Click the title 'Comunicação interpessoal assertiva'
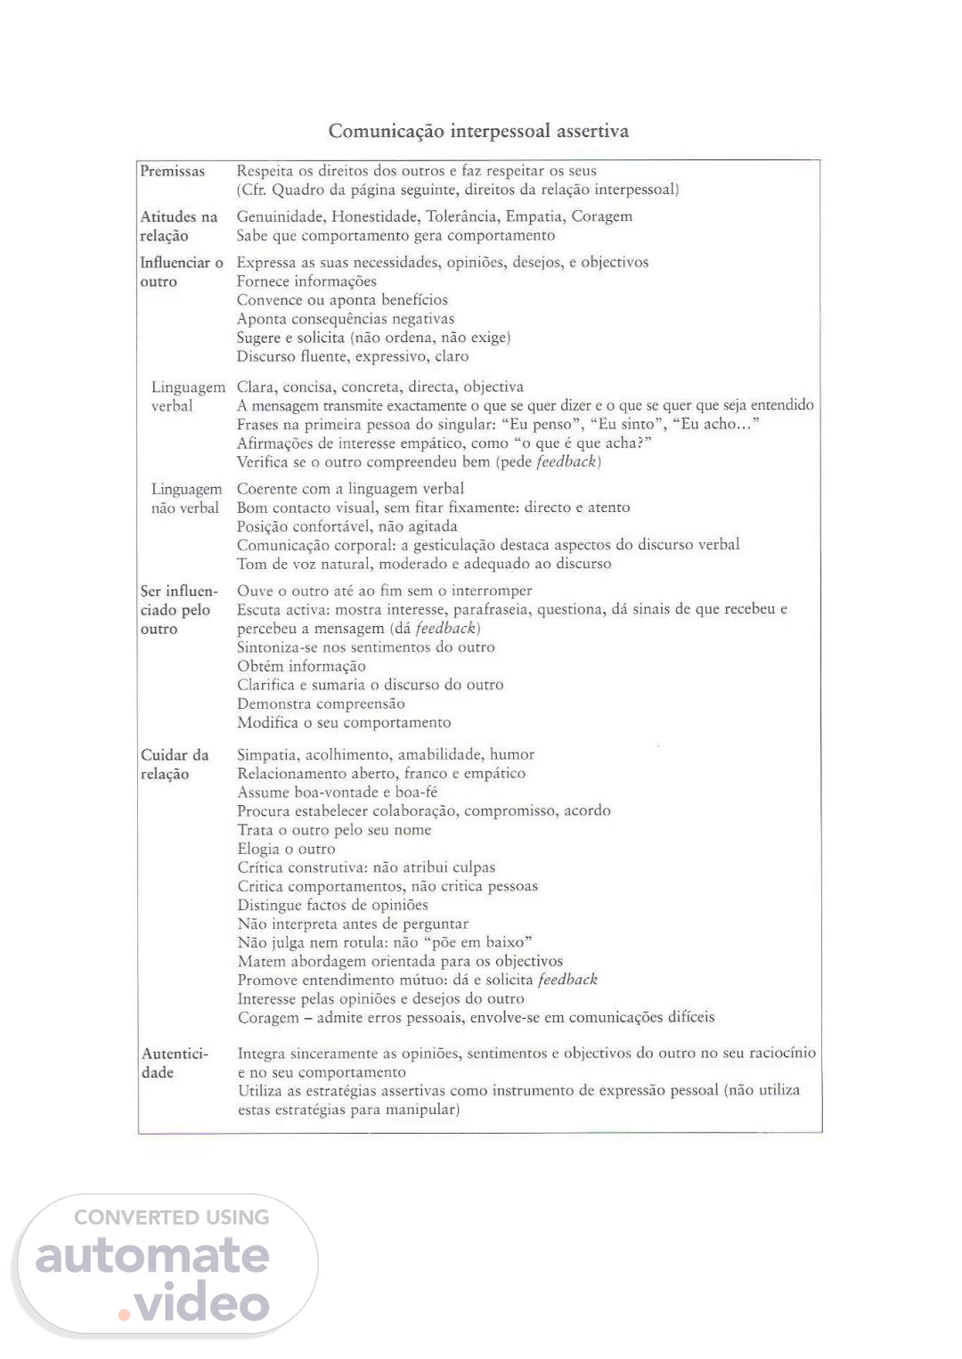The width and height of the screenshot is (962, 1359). [x=478, y=131]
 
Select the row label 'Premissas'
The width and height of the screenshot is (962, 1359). [x=172, y=171]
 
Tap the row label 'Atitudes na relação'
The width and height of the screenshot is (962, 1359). [x=178, y=226]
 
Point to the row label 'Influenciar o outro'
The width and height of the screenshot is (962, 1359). [x=181, y=272]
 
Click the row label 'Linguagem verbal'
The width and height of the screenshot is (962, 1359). [x=188, y=396]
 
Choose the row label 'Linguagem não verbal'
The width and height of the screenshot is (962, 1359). [x=185, y=499]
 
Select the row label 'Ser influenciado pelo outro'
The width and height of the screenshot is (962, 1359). [x=178, y=609]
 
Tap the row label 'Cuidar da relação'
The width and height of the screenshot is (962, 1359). [x=175, y=764]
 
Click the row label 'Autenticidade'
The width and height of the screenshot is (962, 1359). [x=175, y=1062]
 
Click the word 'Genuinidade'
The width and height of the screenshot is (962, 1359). [x=280, y=216]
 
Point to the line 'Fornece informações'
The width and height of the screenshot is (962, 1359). [x=306, y=281]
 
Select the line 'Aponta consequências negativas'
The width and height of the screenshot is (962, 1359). [x=346, y=319]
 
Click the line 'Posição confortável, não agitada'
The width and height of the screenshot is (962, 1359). [x=346, y=526]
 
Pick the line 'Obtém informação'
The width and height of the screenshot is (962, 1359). [x=301, y=666]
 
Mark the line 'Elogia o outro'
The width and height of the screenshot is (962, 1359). [x=286, y=849]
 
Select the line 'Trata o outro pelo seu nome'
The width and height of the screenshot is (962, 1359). [x=334, y=830]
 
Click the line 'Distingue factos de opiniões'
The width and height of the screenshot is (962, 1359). [x=332, y=905]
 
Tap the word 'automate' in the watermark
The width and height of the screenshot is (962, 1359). [x=152, y=1255]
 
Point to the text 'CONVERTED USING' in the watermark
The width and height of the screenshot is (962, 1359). [x=171, y=1217]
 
